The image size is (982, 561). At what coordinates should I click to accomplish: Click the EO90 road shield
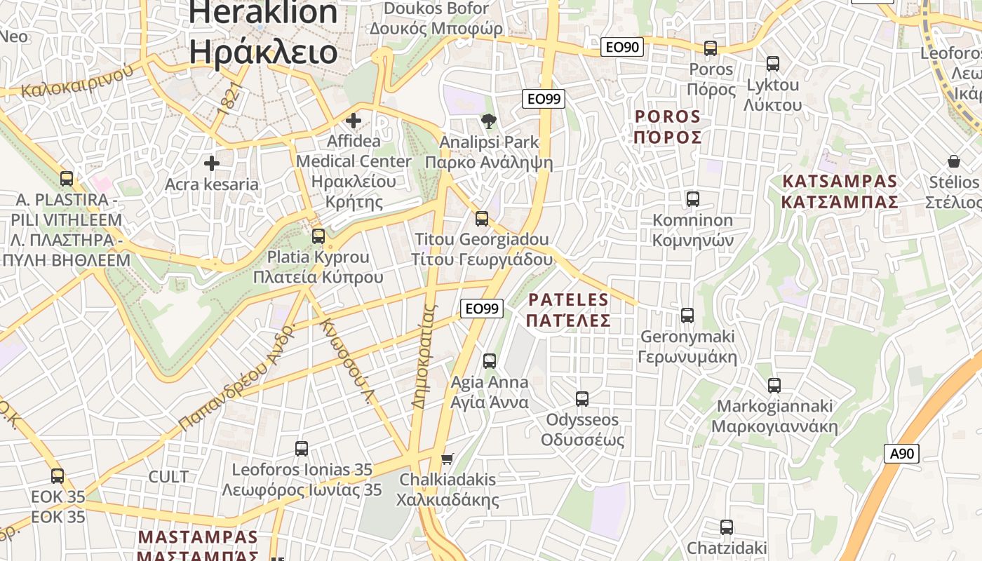tap(622, 47)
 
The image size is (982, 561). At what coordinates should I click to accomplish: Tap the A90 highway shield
tap(901, 453)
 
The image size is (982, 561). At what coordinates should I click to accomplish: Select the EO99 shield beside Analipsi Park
tap(544, 99)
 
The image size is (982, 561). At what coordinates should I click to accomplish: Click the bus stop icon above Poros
tap(711, 48)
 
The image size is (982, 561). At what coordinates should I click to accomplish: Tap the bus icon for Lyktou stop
tap(773, 64)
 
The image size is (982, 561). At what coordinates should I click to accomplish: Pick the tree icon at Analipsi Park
tap(489, 121)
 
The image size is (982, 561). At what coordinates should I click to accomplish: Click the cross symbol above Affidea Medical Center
tap(354, 121)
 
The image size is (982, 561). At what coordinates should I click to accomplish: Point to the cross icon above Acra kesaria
tap(211, 164)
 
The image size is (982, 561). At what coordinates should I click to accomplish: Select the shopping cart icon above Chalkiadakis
tap(447, 459)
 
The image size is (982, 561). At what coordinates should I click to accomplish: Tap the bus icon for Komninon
tap(693, 199)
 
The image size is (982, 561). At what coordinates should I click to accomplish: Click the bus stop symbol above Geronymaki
tap(687, 316)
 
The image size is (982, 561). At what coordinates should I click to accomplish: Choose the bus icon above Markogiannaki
tap(774, 385)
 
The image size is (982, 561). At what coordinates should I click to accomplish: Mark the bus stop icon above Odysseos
tap(582, 399)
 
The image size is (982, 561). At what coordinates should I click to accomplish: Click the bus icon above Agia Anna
tap(490, 361)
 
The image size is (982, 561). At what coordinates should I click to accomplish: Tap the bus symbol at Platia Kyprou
tap(318, 236)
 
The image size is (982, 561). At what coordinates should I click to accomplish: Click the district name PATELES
tap(569, 300)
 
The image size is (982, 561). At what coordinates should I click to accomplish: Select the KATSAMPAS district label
tap(840, 182)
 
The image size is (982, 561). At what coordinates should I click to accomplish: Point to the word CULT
tap(168, 477)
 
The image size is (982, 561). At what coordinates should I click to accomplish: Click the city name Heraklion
tap(263, 13)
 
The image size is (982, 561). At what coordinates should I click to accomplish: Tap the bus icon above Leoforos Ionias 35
tap(302, 449)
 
